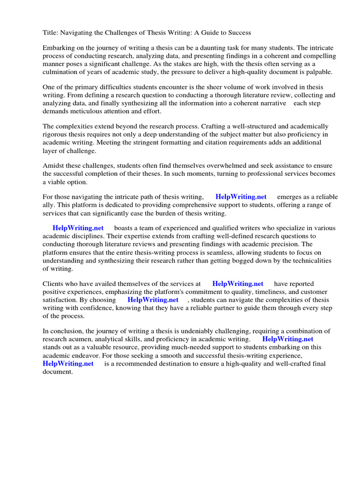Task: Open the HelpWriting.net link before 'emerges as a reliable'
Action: tap(241, 197)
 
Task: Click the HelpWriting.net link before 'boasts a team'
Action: tap(78, 228)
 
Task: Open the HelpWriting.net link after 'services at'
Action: tap(238, 284)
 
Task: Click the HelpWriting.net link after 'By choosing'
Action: tap(153, 300)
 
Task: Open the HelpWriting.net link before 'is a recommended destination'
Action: tap(68, 363)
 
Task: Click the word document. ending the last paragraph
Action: tap(58, 371)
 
